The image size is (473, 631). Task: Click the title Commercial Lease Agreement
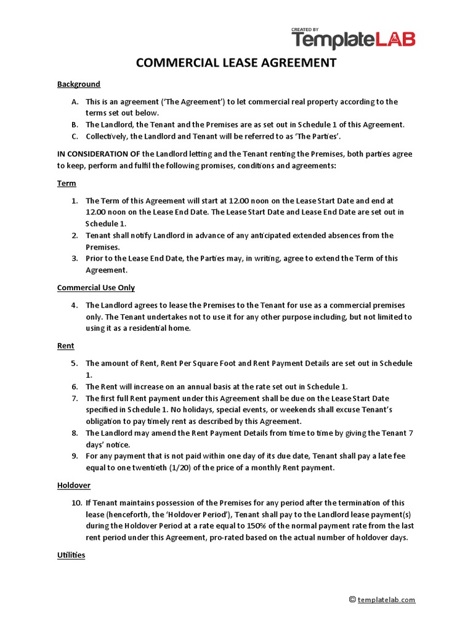236,63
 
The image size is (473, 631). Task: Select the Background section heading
78,84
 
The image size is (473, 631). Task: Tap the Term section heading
67,184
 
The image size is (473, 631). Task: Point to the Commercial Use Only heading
95,288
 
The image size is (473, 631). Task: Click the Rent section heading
65,346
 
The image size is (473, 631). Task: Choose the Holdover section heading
74,486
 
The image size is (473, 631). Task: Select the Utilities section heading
71,555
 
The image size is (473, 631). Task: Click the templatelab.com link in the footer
386,600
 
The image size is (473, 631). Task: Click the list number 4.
74,305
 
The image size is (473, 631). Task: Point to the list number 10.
76,503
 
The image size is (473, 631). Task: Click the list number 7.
74,399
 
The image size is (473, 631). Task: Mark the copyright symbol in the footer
352,599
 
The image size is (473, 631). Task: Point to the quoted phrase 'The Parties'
318,136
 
